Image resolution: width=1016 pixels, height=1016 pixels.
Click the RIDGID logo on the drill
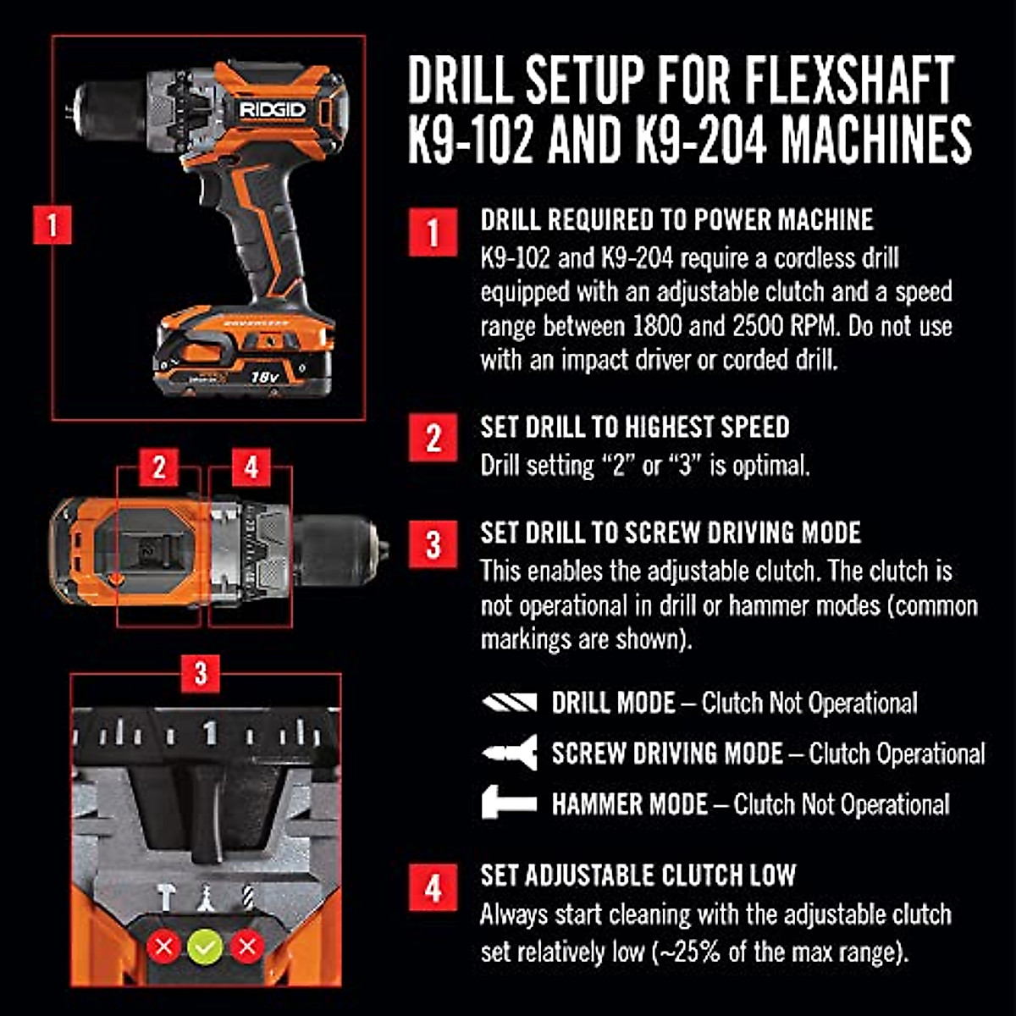pyautogui.click(x=273, y=110)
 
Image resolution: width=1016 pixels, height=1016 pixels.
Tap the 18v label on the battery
pyautogui.click(x=265, y=375)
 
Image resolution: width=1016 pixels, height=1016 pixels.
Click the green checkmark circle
pyautogui.click(x=205, y=947)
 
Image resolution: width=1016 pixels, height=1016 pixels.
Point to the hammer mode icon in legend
pyautogui.click(x=509, y=803)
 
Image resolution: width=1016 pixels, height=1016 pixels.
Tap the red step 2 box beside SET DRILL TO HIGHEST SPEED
pyautogui.click(x=433, y=438)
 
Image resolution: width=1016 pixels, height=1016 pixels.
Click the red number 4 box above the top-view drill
pyautogui.click(x=251, y=467)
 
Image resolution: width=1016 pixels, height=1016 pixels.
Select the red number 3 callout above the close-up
pyautogui.click(x=201, y=674)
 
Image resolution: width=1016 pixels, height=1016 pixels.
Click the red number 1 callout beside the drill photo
pyautogui.click(x=52, y=226)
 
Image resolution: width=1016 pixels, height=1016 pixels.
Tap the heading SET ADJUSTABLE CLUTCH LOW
pyautogui.click(x=638, y=875)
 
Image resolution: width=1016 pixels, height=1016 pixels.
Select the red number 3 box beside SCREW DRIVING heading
pyautogui.click(x=433, y=544)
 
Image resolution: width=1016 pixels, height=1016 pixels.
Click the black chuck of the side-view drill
pyautogui.click(x=108, y=110)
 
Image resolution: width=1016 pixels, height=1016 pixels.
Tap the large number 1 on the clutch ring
pyautogui.click(x=209, y=732)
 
